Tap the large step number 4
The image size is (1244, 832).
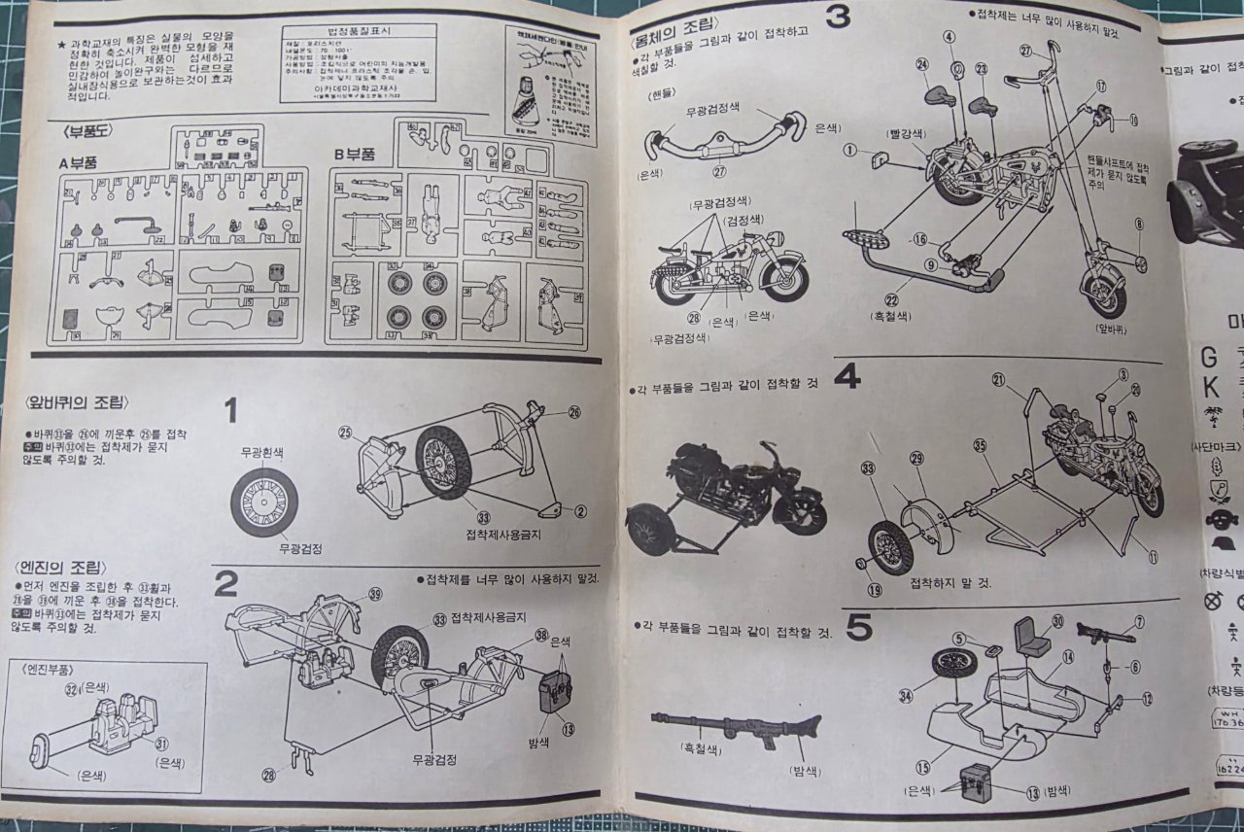coord(847,374)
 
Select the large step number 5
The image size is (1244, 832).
coord(858,628)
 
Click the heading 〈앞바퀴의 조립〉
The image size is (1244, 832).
coord(74,402)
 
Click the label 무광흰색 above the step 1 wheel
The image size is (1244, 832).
coord(262,452)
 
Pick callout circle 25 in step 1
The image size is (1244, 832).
coord(346,432)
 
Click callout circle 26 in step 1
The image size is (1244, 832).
coord(574,412)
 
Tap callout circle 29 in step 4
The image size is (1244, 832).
coord(916,457)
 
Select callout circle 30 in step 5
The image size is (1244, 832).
coord(1057,621)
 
